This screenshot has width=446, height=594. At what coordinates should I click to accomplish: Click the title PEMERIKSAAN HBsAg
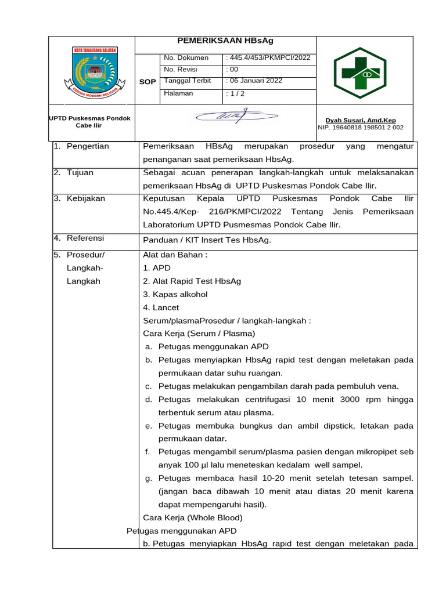(225, 41)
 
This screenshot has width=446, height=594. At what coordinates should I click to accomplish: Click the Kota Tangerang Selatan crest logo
(94, 70)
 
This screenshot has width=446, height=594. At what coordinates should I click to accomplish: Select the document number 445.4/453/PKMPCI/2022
(268, 58)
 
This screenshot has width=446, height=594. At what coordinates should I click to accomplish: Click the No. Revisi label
(181, 70)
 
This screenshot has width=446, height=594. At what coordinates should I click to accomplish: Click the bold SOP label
(148, 82)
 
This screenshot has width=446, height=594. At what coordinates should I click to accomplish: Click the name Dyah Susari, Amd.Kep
(360, 121)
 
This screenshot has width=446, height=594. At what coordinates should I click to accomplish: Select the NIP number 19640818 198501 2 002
(360, 128)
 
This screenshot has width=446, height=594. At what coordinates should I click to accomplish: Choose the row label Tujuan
(80, 172)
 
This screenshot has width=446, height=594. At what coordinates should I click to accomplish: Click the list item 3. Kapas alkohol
(175, 294)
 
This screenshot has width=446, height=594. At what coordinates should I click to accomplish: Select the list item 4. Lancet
(161, 307)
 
